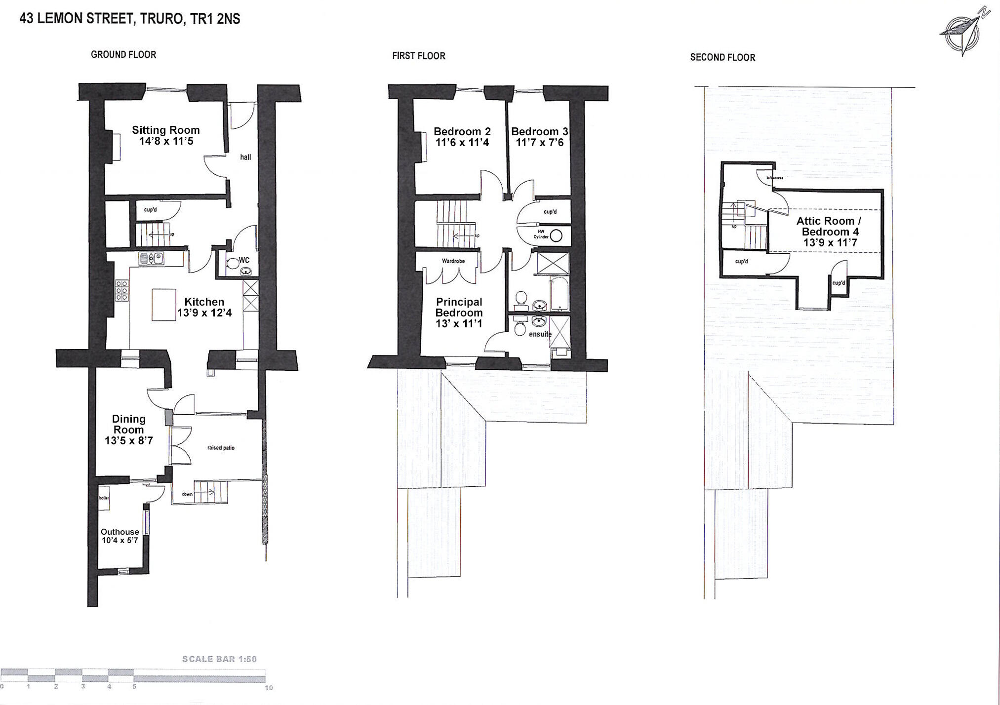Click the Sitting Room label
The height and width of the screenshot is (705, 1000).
click(x=165, y=130)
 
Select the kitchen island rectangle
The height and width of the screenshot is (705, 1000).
click(x=164, y=305)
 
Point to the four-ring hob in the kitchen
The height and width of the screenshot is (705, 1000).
click(x=122, y=291)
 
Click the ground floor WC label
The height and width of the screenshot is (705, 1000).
click(x=244, y=260)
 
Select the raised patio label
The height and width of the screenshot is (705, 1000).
click(x=221, y=448)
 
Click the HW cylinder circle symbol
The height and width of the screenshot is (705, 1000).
click(x=556, y=236)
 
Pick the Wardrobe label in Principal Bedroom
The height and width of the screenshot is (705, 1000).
click(x=453, y=261)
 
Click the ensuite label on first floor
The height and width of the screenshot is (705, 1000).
click(x=540, y=334)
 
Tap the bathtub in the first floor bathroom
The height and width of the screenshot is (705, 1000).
click(x=560, y=294)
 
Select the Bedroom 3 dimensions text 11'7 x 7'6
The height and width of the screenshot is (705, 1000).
click(x=539, y=143)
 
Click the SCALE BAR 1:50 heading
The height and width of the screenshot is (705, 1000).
click(x=219, y=659)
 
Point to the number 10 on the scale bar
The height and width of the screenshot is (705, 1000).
click(x=268, y=687)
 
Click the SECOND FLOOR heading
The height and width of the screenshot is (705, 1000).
click(x=722, y=57)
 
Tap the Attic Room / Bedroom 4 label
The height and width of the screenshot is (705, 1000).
click(x=830, y=226)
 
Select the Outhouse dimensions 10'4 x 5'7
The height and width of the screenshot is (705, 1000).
click(x=120, y=540)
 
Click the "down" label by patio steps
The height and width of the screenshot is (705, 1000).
click(x=187, y=494)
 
